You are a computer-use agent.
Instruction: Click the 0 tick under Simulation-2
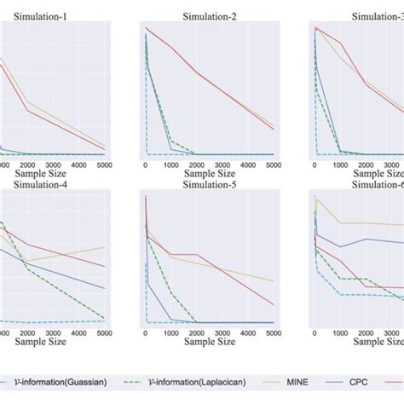[x=145, y=164]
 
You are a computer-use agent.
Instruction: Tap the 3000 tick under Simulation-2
[x=222, y=164]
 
